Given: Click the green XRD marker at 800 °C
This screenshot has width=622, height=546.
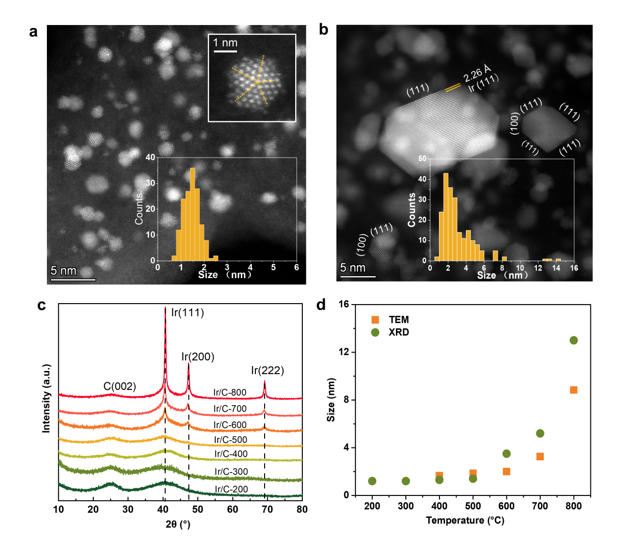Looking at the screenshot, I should pyautogui.click(x=574, y=340).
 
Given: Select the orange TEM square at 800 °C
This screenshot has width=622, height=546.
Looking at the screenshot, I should pyautogui.click(x=574, y=390).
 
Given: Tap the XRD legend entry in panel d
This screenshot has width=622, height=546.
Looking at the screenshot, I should pyautogui.click(x=398, y=332).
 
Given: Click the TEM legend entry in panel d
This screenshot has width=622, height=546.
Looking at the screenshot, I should pyautogui.click(x=398, y=320).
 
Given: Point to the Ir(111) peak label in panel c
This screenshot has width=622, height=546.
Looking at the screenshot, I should pyautogui.click(x=187, y=313).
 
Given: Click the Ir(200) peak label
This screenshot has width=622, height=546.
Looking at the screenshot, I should pyautogui.click(x=198, y=357).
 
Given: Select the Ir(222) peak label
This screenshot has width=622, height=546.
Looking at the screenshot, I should pyautogui.click(x=267, y=370).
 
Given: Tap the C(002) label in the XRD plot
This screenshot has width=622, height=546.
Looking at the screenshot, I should pyautogui.click(x=120, y=386).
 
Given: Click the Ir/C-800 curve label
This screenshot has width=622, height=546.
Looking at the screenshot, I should pyautogui.click(x=230, y=393).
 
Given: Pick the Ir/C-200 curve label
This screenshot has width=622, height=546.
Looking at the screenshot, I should pyautogui.click(x=231, y=489).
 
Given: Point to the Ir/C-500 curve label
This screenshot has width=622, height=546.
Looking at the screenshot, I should pyautogui.click(x=231, y=440).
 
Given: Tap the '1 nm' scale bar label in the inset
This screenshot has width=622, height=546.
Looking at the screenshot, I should pyautogui.click(x=225, y=43).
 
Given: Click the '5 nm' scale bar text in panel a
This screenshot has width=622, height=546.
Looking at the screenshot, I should pyautogui.click(x=64, y=271).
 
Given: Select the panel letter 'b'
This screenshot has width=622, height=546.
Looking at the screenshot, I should pyautogui.click(x=323, y=30).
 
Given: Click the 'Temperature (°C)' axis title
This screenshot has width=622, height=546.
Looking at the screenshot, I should pyautogui.click(x=465, y=520).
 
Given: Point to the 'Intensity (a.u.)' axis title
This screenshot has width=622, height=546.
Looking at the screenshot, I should pyautogui.click(x=46, y=399).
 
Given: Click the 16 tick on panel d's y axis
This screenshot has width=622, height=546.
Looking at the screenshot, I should pyautogui.click(x=344, y=305).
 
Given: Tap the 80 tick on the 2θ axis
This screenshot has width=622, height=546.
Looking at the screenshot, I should pyautogui.click(x=302, y=509).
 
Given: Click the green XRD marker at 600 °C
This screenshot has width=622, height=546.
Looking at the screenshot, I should pyautogui.click(x=506, y=454).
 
